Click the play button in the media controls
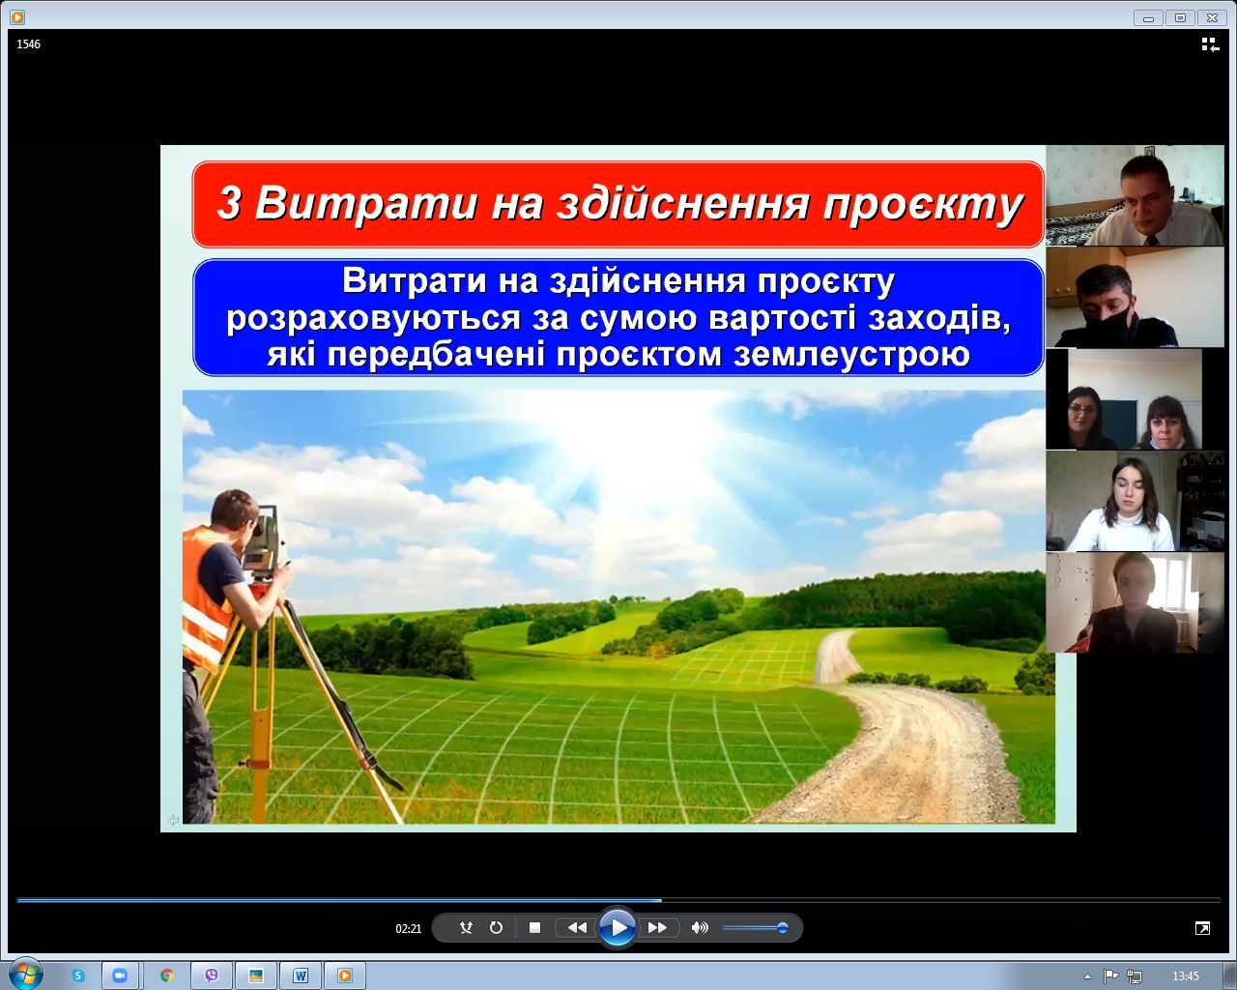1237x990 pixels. tap(617, 928)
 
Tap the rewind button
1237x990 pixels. tap(577, 928)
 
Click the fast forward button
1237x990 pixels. tap(657, 928)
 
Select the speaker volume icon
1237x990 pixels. tap(700, 928)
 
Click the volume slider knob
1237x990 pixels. tap(783, 928)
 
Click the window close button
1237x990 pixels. tap(1211, 17)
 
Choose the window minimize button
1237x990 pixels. tap(1148, 17)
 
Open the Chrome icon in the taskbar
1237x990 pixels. tap(166, 975)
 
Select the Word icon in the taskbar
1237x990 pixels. tap(300, 975)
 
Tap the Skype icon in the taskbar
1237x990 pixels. tap(78, 975)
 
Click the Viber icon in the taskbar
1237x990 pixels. tap(212, 975)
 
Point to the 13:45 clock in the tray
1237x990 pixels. tap(1185, 975)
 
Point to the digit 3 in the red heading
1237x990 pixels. tap(228, 203)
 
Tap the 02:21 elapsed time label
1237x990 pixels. tap(408, 928)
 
